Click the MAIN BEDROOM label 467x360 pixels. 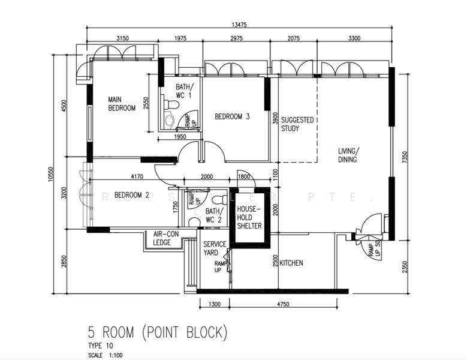[x=122, y=104]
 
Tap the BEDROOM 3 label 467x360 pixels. [x=232, y=116]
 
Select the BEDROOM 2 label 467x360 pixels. [x=132, y=195]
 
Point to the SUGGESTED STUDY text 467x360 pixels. [x=297, y=124]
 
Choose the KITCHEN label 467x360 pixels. [x=291, y=263]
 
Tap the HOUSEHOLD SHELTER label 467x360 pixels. [x=249, y=218]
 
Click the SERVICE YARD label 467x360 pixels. [x=215, y=248]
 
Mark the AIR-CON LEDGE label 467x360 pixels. [x=166, y=238]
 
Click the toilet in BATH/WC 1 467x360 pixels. [x=171, y=104]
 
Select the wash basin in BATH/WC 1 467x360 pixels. [x=169, y=121]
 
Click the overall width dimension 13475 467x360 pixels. [x=239, y=25]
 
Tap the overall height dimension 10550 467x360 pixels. [x=50, y=175]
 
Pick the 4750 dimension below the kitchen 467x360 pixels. [x=283, y=304]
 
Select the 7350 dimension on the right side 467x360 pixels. [x=404, y=157]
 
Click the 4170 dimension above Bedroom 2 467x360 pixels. [x=137, y=177]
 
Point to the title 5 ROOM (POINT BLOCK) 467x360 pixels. [x=158, y=332]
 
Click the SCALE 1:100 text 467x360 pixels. [x=105, y=355]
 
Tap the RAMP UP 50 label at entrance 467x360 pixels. [x=374, y=248]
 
